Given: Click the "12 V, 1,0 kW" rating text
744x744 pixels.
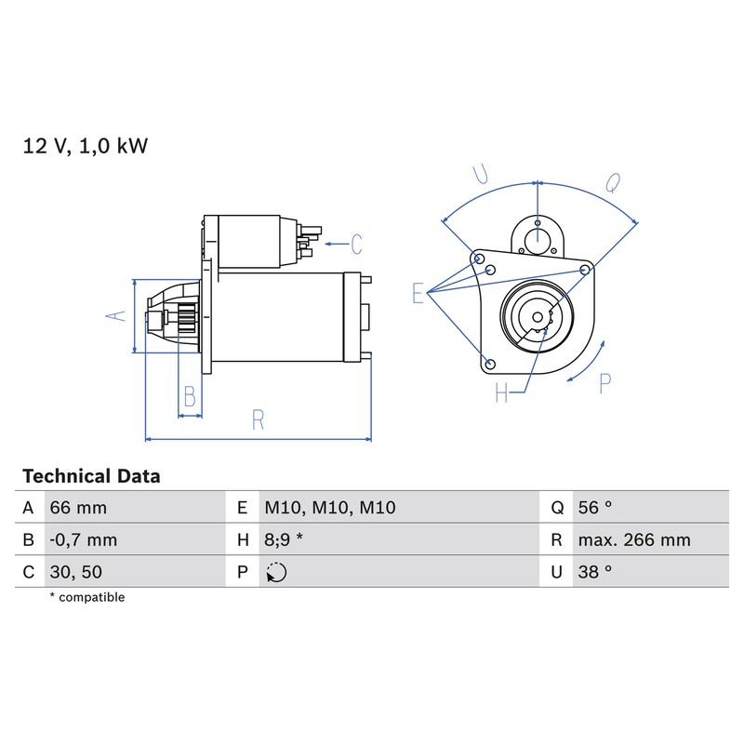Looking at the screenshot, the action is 86,146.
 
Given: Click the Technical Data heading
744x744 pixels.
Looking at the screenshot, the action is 91,476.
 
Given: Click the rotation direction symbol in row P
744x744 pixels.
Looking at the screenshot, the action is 276,572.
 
